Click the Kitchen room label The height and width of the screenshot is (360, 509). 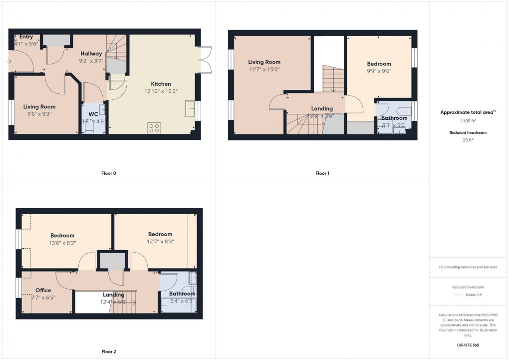161,84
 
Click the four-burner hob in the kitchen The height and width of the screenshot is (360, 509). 154,128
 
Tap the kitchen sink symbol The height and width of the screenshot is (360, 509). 190,107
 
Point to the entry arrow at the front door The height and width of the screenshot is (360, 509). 9,61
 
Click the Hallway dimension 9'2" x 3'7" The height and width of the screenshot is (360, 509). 91,61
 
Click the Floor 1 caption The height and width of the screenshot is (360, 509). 322,173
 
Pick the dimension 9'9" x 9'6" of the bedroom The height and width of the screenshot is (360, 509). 379,71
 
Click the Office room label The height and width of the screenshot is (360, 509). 43,290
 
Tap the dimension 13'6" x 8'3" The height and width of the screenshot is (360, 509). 62,243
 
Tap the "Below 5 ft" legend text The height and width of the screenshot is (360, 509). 473,295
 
